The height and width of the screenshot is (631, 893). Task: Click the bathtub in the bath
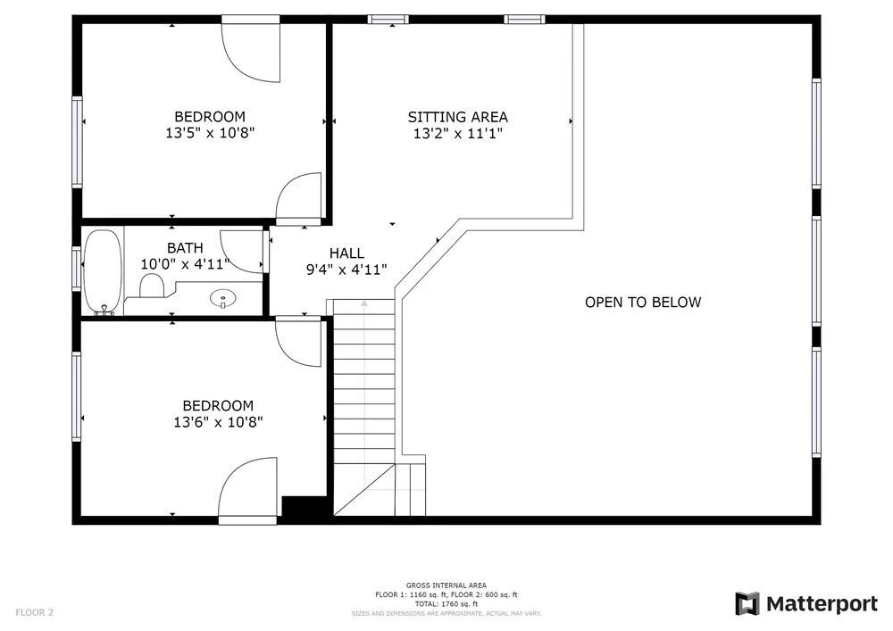(103, 272)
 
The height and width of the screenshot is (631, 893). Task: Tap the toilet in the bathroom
(152, 285)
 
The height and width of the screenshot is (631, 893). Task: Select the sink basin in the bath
(223, 297)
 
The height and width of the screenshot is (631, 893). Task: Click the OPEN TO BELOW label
(643, 303)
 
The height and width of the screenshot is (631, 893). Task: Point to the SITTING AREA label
(458, 117)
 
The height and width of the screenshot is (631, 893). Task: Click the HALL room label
(346, 253)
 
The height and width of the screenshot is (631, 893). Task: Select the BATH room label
(185, 248)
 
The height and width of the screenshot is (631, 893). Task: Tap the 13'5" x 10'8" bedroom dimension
(210, 133)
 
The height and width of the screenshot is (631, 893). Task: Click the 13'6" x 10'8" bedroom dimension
(218, 422)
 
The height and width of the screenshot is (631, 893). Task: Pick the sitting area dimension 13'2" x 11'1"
(458, 134)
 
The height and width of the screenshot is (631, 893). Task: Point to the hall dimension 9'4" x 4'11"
(346, 270)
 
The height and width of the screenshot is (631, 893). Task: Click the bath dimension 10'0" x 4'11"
(185, 264)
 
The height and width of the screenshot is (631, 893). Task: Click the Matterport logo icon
(747, 603)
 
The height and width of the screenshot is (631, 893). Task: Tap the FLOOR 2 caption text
(34, 613)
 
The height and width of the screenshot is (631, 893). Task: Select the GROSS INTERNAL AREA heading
(446, 585)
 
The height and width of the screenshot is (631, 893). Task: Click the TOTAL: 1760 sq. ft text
(446, 604)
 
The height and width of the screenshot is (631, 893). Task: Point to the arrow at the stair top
(364, 303)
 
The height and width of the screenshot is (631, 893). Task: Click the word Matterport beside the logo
(822, 603)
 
